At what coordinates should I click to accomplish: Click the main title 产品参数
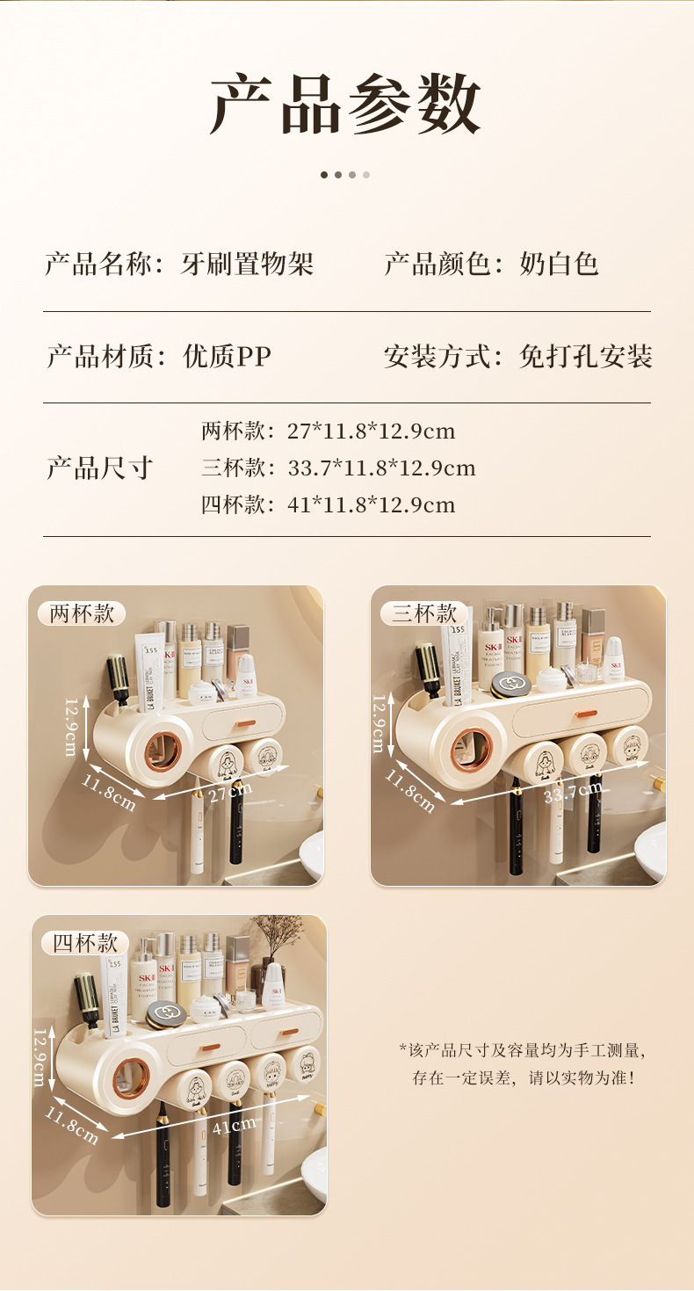[x=346, y=104]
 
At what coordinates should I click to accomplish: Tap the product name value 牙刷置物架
[x=247, y=263]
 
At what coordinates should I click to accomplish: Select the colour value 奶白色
[x=559, y=263]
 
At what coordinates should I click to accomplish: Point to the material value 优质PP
[x=228, y=356]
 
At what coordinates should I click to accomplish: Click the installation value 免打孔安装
[x=585, y=356]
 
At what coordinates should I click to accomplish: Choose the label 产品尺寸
[x=99, y=468]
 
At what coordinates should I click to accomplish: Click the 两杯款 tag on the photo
[x=82, y=613]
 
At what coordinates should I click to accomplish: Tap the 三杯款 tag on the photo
[x=424, y=613]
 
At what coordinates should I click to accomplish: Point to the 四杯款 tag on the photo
[x=85, y=943]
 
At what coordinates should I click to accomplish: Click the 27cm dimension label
[x=231, y=790]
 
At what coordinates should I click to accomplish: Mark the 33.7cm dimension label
[x=573, y=793]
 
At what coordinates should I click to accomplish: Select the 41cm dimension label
[x=234, y=1124]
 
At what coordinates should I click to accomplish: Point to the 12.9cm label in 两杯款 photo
[x=71, y=727]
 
